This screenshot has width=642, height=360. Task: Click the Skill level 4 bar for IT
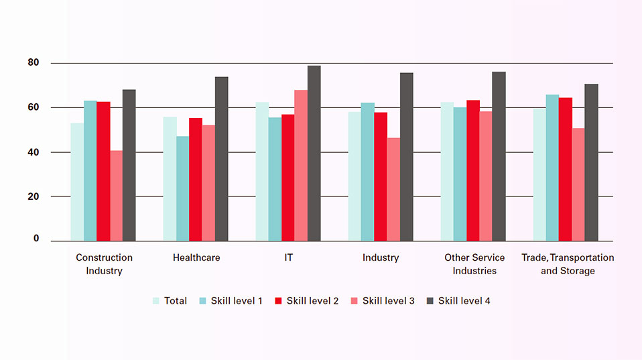pyautogui.click(x=314, y=154)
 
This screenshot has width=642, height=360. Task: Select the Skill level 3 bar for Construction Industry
pyautogui.click(x=116, y=196)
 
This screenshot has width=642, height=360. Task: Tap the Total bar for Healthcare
pyautogui.click(x=170, y=179)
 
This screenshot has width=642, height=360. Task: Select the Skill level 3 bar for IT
pyautogui.click(x=301, y=166)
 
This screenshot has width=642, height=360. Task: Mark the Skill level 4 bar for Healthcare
pyautogui.click(x=221, y=159)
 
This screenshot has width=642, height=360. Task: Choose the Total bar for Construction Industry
pyautogui.click(x=77, y=182)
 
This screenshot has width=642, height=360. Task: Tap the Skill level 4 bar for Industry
pyautogui.click(x=406, y=157)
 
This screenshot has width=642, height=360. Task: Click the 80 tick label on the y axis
pyautogui.click(x=34, y=63)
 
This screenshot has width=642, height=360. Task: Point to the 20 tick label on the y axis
pyautogui.click(x=34, y=196)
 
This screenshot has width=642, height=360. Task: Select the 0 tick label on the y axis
pyautogui.click(x=36, y=239)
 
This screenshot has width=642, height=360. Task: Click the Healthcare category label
pyautogui.click(x=196, y=257)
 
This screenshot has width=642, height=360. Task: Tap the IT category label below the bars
pyautogui.click(x=288, y=257)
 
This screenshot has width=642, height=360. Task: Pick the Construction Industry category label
pyautogui.click(x=104, y=264)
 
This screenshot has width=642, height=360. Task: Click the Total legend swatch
pyautogui.click(x=156, y=301)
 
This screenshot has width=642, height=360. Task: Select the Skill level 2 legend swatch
pyautogui.click(x=279, y=301)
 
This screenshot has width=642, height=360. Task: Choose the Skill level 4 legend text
pyautogui.click(x=464, y=301)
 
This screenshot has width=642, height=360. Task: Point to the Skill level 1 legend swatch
pyautogui.click(x=203, y=301)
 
